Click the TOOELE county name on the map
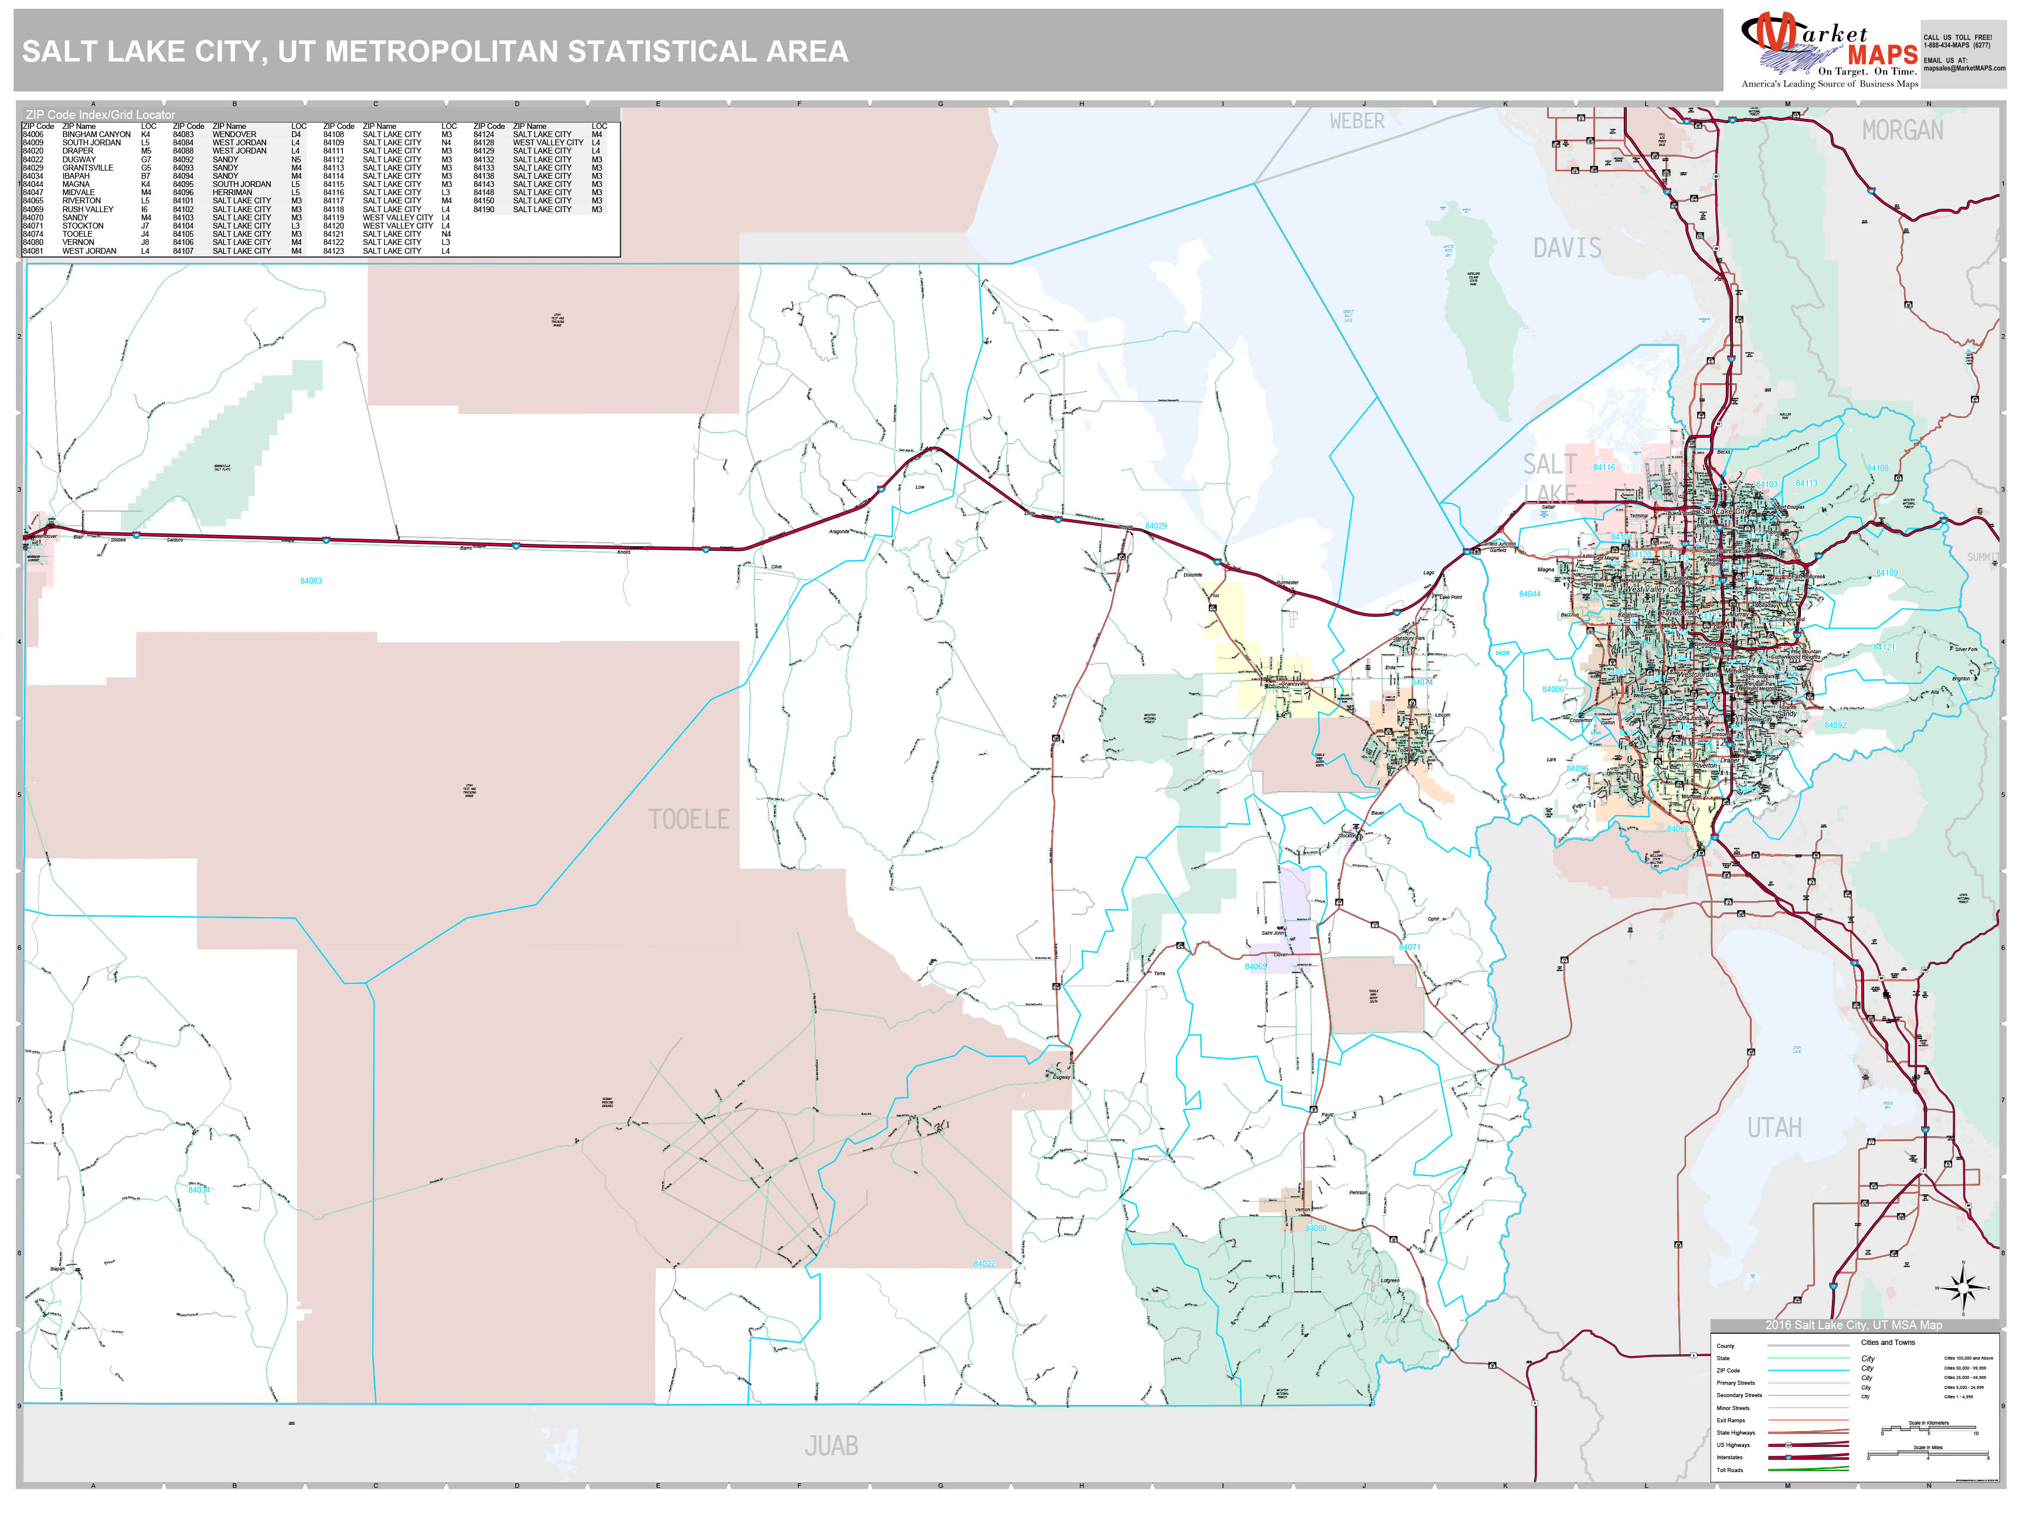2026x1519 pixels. click(x=689, y=819)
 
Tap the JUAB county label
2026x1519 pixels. click(x=831, y=1446)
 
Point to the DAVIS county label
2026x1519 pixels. click(x=1567, y=248)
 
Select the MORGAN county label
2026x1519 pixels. click(x=1902, y=131)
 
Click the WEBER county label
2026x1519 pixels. click(x=1357, y=121)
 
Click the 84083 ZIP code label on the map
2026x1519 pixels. click(x=311, y=581)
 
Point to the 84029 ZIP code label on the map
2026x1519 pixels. click(x=1156, y=526)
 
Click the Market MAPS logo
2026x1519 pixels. click(x=1829, y=50)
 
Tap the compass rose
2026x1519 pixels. click(x=1962, y=1288)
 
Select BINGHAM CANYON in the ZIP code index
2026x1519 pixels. click(x=96, y=135)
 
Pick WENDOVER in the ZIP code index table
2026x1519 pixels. click(x=234, y=135)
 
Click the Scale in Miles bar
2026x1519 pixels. click(x=1928, y=1456)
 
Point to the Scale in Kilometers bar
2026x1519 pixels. click(x=1928, y=1431)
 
